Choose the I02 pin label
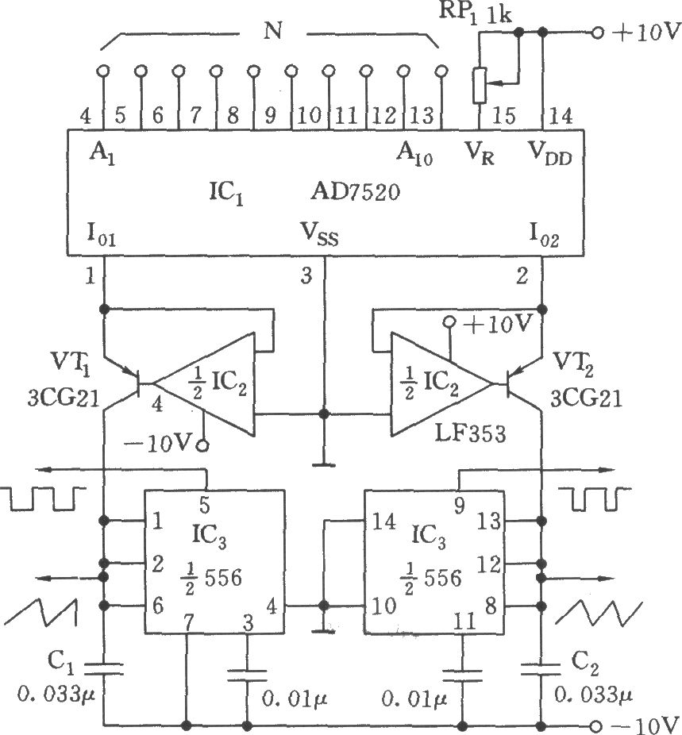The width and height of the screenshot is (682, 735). point(545,236)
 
